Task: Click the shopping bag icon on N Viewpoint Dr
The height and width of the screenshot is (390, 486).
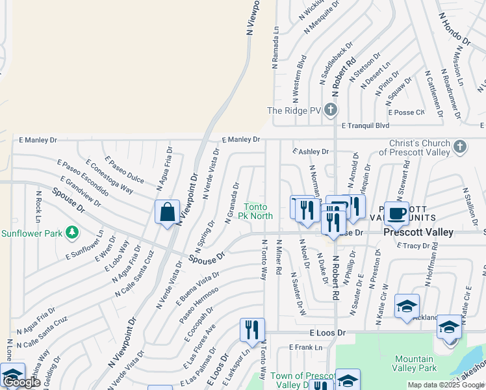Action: pos(167,211)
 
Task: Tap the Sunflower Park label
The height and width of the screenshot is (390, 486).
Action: pos(32,233)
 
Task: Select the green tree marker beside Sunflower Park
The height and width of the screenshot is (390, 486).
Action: pos(72,231)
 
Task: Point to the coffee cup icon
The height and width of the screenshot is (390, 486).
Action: pos(396,213)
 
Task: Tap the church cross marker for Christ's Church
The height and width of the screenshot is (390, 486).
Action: pos(460,146)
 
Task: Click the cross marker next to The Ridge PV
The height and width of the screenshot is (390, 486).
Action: pos(331,110)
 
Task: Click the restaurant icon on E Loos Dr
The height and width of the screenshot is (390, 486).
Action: pos(252,330)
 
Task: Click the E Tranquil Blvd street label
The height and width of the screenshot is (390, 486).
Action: pos(364,125)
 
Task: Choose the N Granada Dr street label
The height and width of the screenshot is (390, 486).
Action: pos(233,203)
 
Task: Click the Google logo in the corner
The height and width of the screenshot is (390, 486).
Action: pos(22,382)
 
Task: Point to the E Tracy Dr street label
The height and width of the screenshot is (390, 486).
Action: pos(421,246)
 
